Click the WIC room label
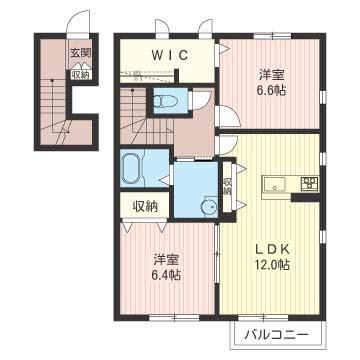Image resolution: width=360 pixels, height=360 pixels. click(170, 55)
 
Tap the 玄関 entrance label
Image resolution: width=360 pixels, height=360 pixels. click(81, 53)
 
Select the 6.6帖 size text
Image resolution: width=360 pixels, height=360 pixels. click(272, 90)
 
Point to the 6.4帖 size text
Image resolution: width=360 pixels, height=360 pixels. click(166, 275)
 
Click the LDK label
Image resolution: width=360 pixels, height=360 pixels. click(272, 249)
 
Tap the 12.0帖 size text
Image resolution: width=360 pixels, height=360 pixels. click(272, 265)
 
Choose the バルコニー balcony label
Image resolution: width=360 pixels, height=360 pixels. click(276, 334)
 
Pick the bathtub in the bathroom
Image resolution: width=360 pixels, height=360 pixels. click(132, 170)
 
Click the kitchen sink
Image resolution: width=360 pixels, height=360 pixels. click(274, 184)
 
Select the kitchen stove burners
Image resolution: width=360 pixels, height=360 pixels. click(309, 184)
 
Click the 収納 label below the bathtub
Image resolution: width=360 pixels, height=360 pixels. click(146, 207)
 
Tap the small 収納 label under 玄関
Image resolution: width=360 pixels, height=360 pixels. click(80, 75)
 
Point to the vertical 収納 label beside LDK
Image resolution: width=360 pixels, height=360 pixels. click(228, 187)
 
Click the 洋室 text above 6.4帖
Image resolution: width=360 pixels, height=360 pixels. click(166, 259)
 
